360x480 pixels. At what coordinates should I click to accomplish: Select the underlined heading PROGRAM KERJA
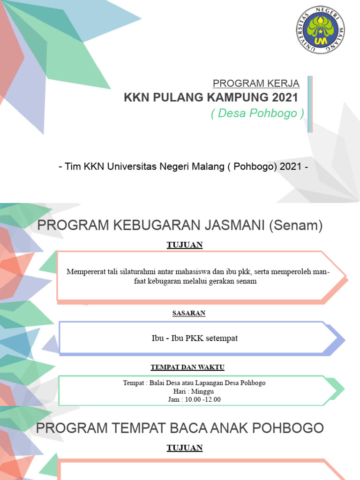(x=256, y=84)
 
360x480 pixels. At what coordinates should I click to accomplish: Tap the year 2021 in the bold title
(x=284, y=98)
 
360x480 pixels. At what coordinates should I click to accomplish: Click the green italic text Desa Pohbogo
(x=258, y=113)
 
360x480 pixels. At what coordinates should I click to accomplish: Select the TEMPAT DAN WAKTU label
(x=184, y=367)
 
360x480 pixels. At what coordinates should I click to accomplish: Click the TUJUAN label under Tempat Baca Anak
(x=184, y=448)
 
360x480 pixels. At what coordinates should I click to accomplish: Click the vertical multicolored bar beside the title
(x=310, y=104)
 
